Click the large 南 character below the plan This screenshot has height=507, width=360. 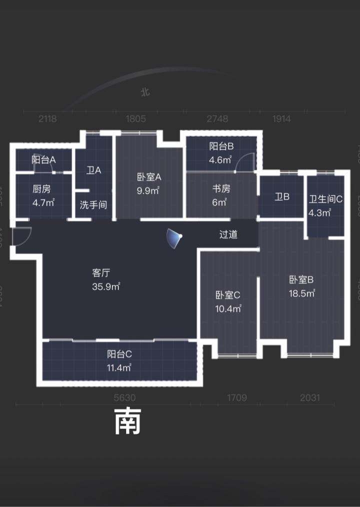pyautogui.click(x=128, y=421)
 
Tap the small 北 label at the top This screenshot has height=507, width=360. pyautogui.click(x=145, y=92)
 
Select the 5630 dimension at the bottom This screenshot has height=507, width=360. pyautogui.click(x=125, y=398)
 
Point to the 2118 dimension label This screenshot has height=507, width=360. pyautogui.click(x=48, y=119)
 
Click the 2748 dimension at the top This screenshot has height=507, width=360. pyautogui.click(x=217, y=119)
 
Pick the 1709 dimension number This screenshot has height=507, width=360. pyautogui.click(x=237, y=398)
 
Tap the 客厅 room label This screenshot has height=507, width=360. pyautogui.click(x=101, y=273)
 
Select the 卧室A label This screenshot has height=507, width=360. pyautogui.click(x=149, y=177)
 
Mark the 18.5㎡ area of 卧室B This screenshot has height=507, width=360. pyautogui.click(x=302, y=293)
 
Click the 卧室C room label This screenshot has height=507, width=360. pyautogui.click(x=228, y=295)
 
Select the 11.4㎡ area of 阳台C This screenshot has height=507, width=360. pyautogui.click(x=119, y=368)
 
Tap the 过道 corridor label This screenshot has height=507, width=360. pyautogui.click(x=228, y=234)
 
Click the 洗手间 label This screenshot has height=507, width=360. pyautogui.click(x=93, y=205)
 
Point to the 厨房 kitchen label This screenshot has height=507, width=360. pyautogui.click(x=42, y=189)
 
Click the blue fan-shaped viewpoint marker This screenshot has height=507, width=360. pyautogui.click(x=173, y=238)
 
